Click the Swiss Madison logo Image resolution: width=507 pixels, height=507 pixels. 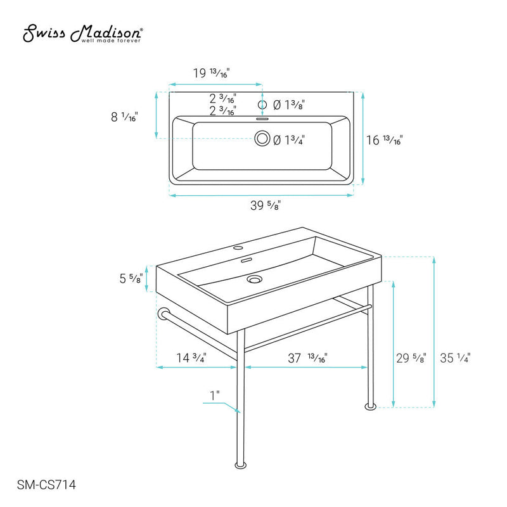coord(83,35)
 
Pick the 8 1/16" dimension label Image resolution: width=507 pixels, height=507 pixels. coord(124,117)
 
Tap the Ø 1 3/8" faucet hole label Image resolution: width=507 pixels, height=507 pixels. coord(290,105)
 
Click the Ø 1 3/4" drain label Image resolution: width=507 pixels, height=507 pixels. coord(290,141)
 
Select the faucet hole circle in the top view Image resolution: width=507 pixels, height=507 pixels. coord(262,105)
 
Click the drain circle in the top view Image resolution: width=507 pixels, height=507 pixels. coord(262,139)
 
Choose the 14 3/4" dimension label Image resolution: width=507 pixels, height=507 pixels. coord(191,358)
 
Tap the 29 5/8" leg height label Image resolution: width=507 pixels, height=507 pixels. coord(411,358)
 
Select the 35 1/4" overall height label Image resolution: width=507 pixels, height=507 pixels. coord(454,358)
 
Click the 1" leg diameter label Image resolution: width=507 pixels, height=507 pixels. coord(215,395)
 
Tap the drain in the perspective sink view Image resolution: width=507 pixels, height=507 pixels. coord(255,278)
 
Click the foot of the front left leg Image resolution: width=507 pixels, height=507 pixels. coord(240,466)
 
